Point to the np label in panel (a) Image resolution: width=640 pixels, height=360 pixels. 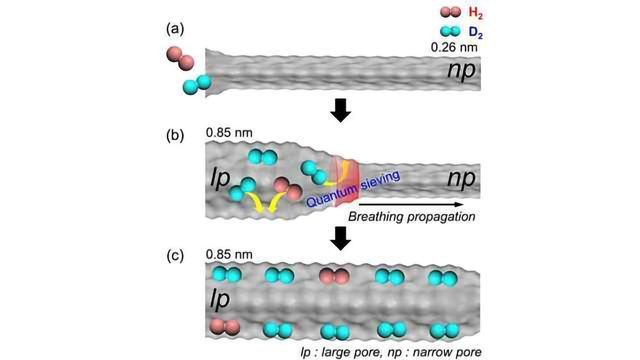[x=459, y=72]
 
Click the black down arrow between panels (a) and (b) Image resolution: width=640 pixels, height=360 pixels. [x=341, y=108]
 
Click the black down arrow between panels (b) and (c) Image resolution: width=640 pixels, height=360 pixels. [x=341, y=237]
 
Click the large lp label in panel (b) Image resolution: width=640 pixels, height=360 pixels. [x=222, y=179]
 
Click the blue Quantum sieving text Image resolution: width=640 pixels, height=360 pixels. [x=353, y=188]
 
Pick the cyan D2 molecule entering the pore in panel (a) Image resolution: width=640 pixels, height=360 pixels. [x=200, y=84]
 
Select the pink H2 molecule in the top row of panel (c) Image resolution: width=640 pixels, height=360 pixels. [x=333, y=275]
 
